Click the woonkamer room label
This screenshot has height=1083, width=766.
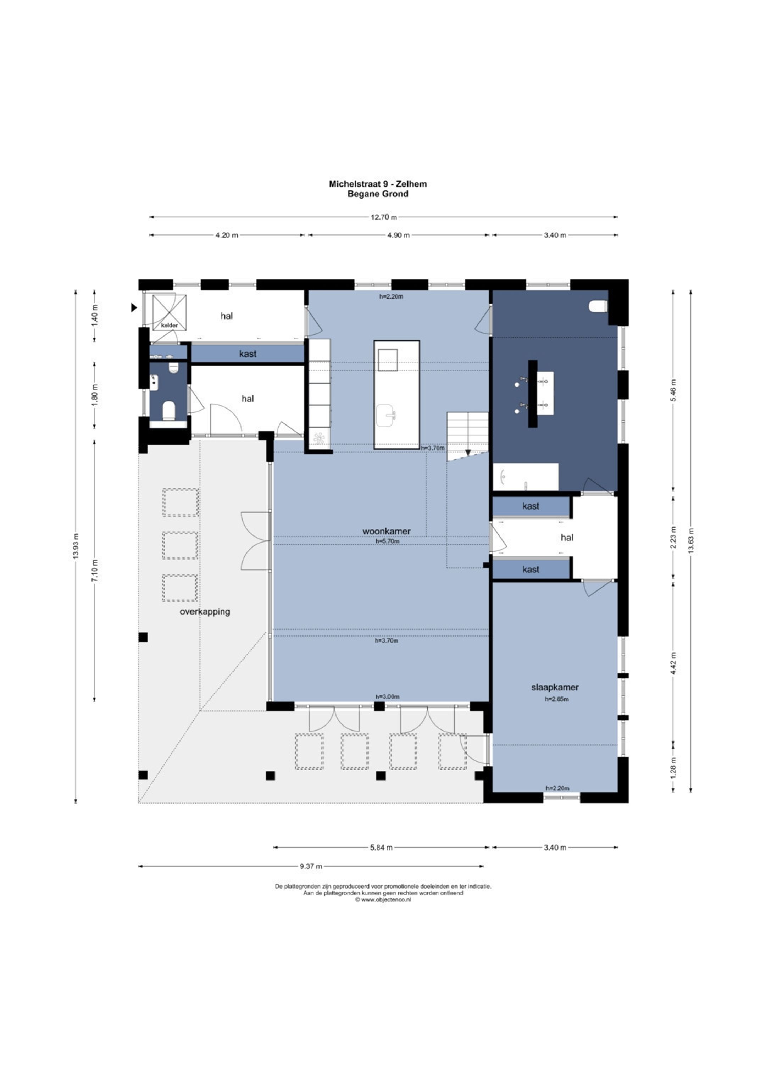[386, 531]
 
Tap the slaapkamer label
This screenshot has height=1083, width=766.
[555, 687]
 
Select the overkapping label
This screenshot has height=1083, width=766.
[205, 612]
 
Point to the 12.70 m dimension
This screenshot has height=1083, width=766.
[383, 217]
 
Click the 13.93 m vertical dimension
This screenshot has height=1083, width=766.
[76, 546]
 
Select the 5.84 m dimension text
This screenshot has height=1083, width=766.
[381, 848]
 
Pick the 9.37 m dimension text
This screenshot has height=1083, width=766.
[311, 866]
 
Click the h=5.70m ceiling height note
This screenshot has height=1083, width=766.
[387, 541]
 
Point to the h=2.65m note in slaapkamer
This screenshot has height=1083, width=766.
[556, 699]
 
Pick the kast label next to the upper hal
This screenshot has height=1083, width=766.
[248, 354]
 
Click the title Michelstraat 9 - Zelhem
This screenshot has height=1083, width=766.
[377, 184]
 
